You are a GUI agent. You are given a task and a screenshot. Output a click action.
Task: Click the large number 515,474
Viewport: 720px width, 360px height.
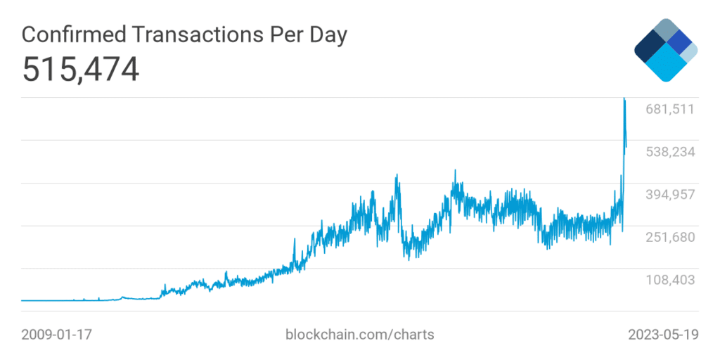pos(80,70)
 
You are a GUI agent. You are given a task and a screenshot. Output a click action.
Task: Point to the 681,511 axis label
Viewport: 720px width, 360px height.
pos(670,109)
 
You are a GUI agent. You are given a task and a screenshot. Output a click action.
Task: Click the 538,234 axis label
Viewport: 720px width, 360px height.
pos(670,152)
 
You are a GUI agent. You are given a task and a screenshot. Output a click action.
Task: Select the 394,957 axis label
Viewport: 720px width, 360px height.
pos(670,195)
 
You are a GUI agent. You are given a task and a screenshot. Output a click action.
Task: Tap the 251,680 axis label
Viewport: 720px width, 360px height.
pos(670,238)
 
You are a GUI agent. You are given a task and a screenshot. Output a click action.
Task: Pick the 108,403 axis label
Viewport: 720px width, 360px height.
pos(670,280)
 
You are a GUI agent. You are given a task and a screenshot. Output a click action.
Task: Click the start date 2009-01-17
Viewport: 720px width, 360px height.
pos(57,334)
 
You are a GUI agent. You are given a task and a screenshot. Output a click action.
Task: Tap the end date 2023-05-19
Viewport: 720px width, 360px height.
pos(663,334)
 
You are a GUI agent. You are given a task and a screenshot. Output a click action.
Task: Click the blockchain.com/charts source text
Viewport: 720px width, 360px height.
pos(359,334)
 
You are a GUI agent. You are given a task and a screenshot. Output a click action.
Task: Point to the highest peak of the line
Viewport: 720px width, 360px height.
pos(624,98)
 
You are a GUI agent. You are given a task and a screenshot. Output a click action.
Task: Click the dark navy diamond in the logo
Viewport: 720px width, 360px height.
pos(650,49)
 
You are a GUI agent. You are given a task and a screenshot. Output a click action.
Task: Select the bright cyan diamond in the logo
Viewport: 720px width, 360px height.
pos(666,65)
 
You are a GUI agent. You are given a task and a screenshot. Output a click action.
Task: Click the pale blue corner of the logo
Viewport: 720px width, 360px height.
pos(690,53)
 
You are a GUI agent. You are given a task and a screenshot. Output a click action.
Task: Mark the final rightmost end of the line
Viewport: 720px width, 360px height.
pos(626,147)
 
